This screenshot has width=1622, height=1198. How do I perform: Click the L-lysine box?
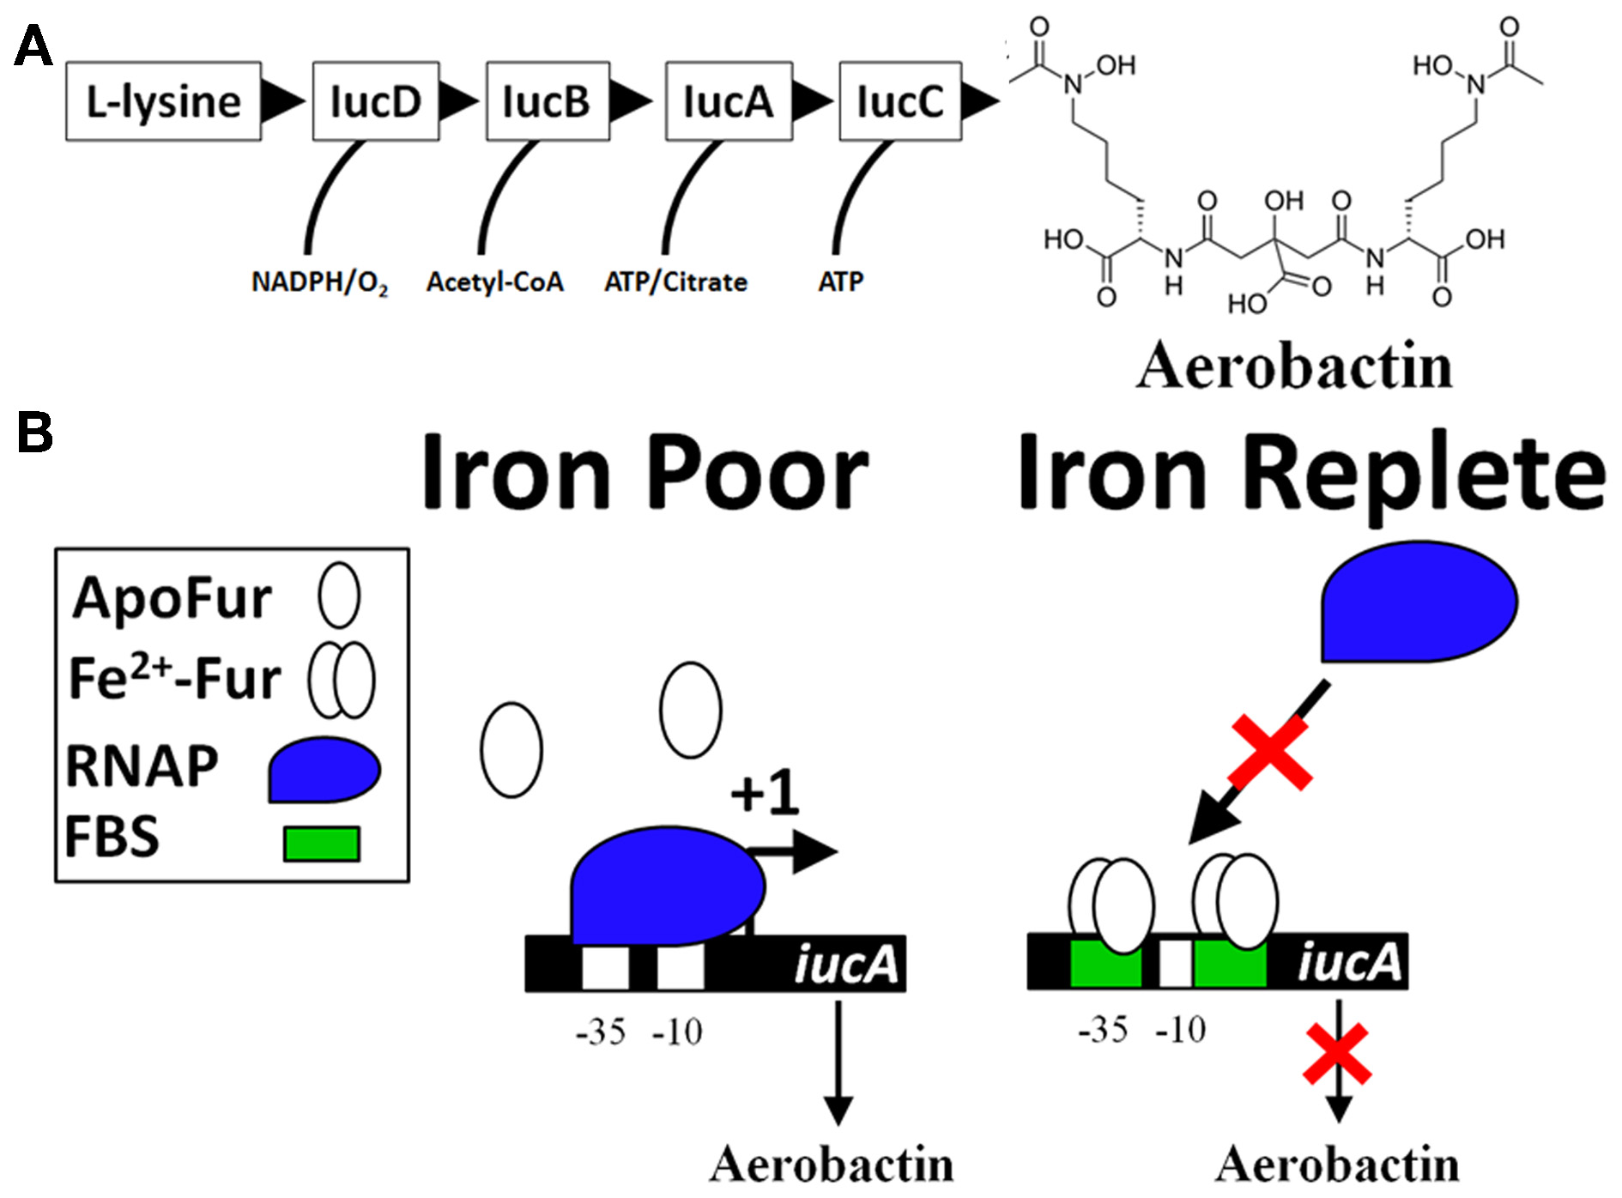tap(163, 101)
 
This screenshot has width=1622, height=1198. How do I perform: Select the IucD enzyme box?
tap(376, 101)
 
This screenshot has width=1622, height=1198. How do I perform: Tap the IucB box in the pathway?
tap(548, 101)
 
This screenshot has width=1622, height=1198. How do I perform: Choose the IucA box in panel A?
tap(729, 101)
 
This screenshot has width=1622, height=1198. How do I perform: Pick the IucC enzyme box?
tap(900, 101)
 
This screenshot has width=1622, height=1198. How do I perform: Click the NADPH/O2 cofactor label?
tap(319, 282)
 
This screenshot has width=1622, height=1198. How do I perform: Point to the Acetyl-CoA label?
tap(495, 282)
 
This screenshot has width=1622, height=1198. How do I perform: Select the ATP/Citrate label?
tap(675, 282)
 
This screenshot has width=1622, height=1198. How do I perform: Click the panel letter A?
tap(33, 46)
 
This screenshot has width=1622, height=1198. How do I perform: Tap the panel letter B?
tap(34, 433)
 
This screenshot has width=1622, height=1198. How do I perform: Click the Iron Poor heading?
tap(645, 473)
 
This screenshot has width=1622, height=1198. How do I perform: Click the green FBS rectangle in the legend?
tap(322, 843)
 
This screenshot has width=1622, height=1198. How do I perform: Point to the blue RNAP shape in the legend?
tap(324, 770)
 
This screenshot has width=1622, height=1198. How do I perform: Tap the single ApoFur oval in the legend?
tap(339, 595)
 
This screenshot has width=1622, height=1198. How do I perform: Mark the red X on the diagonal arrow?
tap(1271, 752)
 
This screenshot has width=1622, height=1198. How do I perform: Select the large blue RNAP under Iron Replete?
tap(1419, 602)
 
